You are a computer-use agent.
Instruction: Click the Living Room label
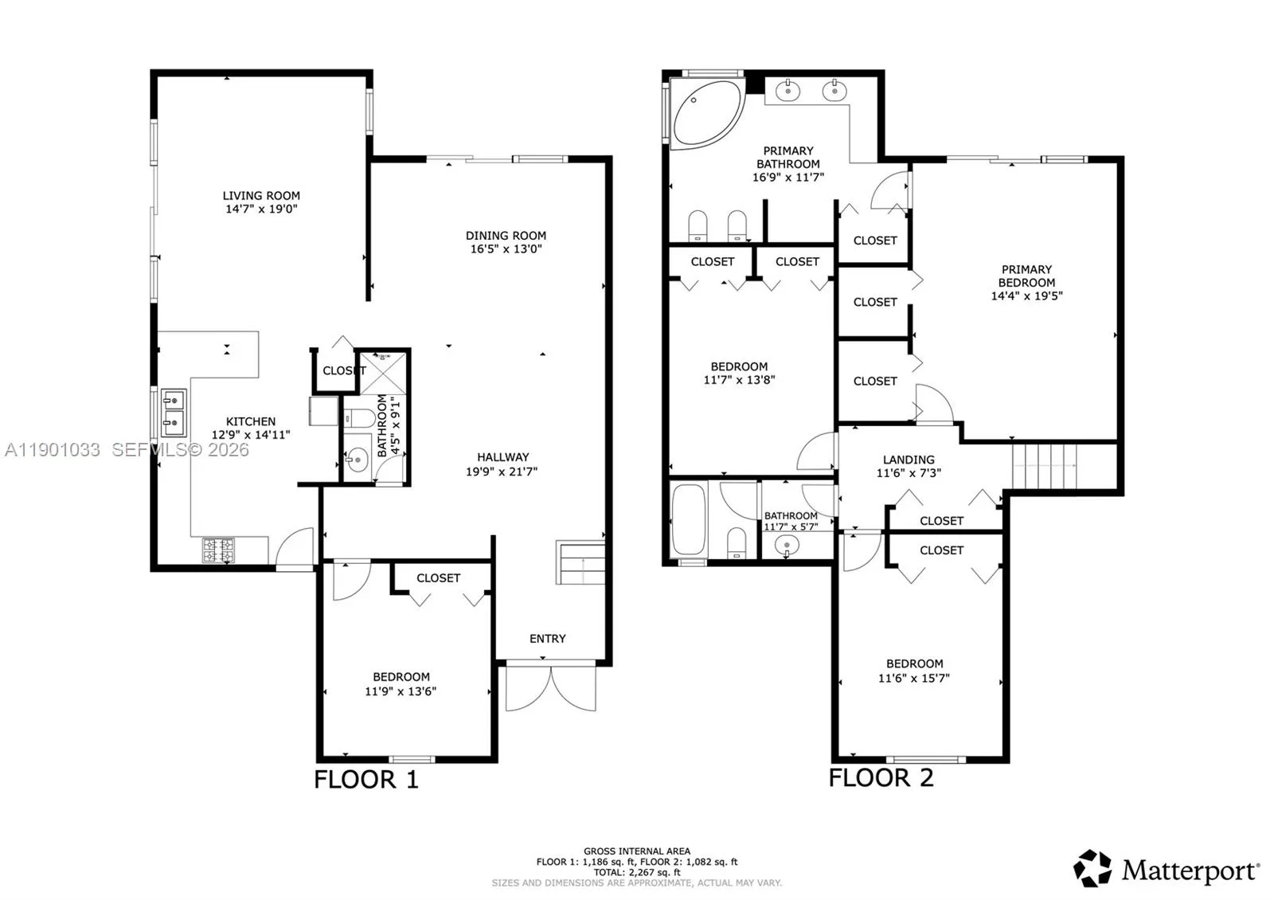261,195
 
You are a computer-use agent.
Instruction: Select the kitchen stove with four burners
218,550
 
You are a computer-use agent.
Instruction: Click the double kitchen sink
173,413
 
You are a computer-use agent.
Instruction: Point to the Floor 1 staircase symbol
580,562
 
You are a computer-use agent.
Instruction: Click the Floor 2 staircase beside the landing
1044,466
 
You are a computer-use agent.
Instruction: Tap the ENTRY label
548,639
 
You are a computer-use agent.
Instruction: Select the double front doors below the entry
550,687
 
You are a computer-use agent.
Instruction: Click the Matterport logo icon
1092,869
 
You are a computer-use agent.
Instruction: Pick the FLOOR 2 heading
881,777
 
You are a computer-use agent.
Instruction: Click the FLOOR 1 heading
365,779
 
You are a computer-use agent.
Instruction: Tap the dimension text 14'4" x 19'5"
1026,295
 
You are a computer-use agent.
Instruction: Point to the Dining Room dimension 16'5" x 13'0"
506,248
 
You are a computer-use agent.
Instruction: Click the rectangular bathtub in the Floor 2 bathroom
689,520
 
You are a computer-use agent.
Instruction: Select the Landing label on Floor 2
909,460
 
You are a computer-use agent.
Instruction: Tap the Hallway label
502,457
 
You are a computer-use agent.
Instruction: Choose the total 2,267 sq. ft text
636,872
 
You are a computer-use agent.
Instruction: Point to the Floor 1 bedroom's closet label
438,578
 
